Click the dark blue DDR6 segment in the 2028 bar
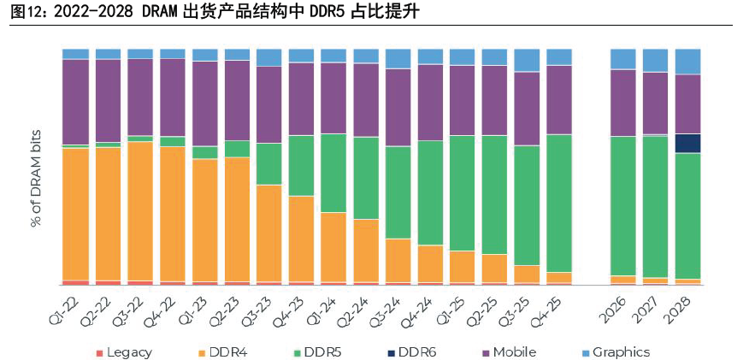[x=687, y=143]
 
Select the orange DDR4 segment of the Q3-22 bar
[x=140, y=210]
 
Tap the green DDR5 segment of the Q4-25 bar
[x=559, y=203]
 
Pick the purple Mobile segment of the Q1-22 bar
[x=75, y=102]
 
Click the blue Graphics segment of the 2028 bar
[x=687, y=62]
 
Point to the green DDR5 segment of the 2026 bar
[x=622, y=205]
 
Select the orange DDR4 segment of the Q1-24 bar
[x=333, y=246]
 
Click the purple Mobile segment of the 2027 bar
[x=655, y=103]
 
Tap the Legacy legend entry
[x=124, y=352]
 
